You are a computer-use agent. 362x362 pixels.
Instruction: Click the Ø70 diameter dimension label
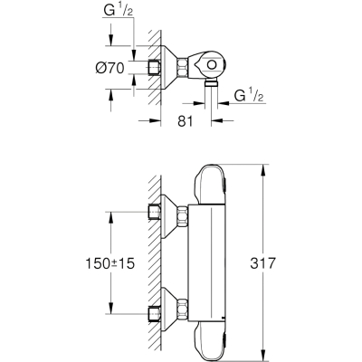tap(110, 68)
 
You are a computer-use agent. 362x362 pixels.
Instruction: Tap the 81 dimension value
tap(185, 121)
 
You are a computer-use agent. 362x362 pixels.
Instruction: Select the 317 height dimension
tap(262, 263)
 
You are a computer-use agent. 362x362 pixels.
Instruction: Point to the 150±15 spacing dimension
tap(110, 263)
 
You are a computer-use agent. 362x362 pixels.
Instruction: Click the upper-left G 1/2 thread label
tap(119, 11)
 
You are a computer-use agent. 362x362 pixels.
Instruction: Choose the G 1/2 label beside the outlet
tap(249, 96)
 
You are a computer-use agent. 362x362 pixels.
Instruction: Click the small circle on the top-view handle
tap(212, 65)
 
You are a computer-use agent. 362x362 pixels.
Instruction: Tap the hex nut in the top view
tap(183, 67)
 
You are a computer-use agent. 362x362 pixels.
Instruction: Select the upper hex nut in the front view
tap(183, 216)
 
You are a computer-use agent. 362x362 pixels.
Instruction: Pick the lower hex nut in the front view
tap(183, 309)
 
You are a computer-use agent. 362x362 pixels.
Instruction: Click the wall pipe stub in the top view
tap(155, 67)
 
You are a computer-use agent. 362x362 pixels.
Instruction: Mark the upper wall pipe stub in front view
tap(155, 212)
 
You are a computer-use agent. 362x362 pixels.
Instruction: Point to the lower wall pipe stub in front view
tap(155, 315)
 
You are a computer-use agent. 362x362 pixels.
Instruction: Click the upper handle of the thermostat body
tap(210, 184)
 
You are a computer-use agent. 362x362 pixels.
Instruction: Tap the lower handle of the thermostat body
tap(210, 340)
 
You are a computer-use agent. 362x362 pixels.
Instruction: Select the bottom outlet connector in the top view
tap(211, 84)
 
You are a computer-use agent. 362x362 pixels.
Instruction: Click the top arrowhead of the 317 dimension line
tap(263, 170)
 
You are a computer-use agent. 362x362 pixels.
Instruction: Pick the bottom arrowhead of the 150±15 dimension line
tap(110, 308)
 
